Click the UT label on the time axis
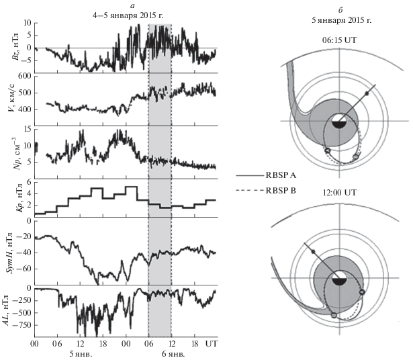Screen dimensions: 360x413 pos(211,343)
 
